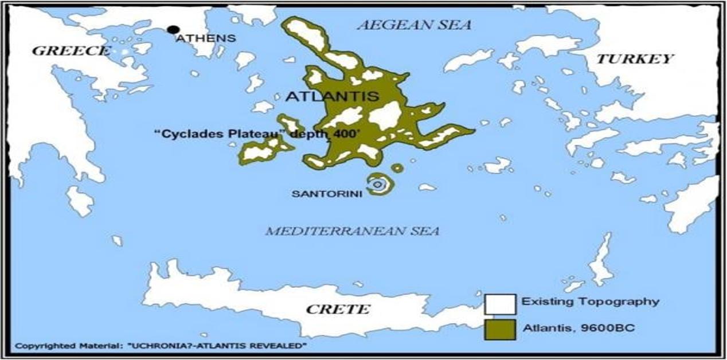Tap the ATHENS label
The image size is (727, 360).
pyautogui.click(x=205, y=38)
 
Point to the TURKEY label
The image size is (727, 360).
pyautogui.click(x=634, y=58)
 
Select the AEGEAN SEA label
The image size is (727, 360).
pyautogui.click(x=414, y=25)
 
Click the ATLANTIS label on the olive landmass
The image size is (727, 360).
pyautogui.click(x=332, y=96)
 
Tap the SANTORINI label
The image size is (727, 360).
pyautogui.click(x=327, y=194)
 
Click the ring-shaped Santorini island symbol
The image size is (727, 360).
pyautogui.click(x=377, y=185)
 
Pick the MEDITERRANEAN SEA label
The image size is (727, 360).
pyautogui.click(x=352, y=231)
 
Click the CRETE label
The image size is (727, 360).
pyautogui.click(x=338, y=310)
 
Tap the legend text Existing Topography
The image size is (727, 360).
pyautogui.click(x=591, y=302)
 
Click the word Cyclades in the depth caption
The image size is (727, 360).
pyautogui.click(x=183, y=132)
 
